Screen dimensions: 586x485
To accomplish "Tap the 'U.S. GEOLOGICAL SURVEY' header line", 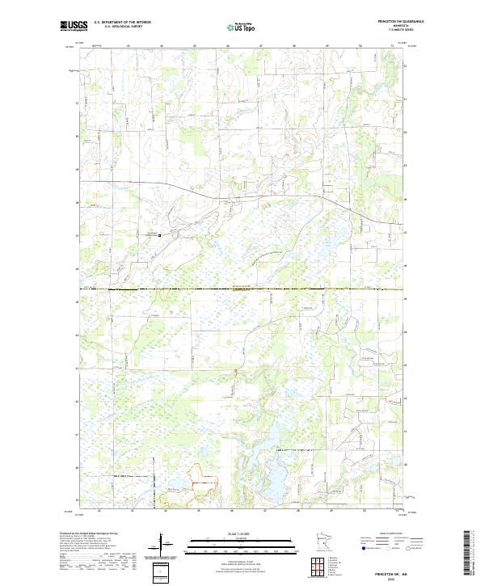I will [x=122, y=26].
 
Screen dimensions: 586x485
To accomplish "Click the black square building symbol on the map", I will [x=159, y=236].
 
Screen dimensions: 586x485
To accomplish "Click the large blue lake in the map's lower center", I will [x=267, y=477].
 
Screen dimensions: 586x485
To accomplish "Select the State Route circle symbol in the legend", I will [x=421, y=548].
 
